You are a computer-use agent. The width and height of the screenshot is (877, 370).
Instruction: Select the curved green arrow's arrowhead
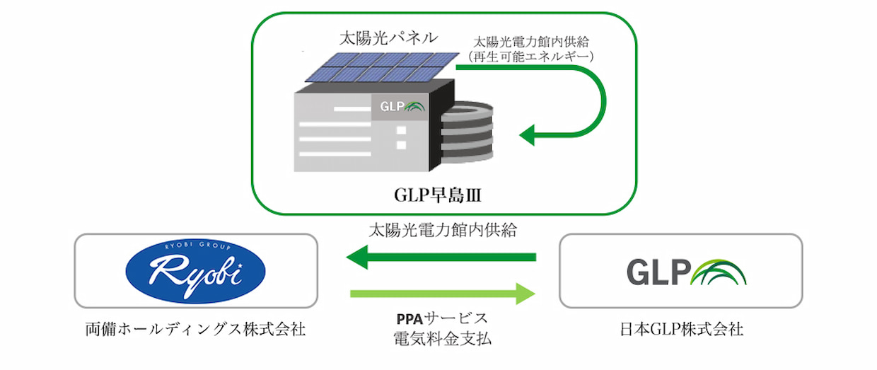[529, 133]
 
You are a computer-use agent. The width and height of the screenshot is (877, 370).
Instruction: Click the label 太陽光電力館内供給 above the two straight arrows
[441, 231]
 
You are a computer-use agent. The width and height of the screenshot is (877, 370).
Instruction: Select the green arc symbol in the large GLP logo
[721, 272]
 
